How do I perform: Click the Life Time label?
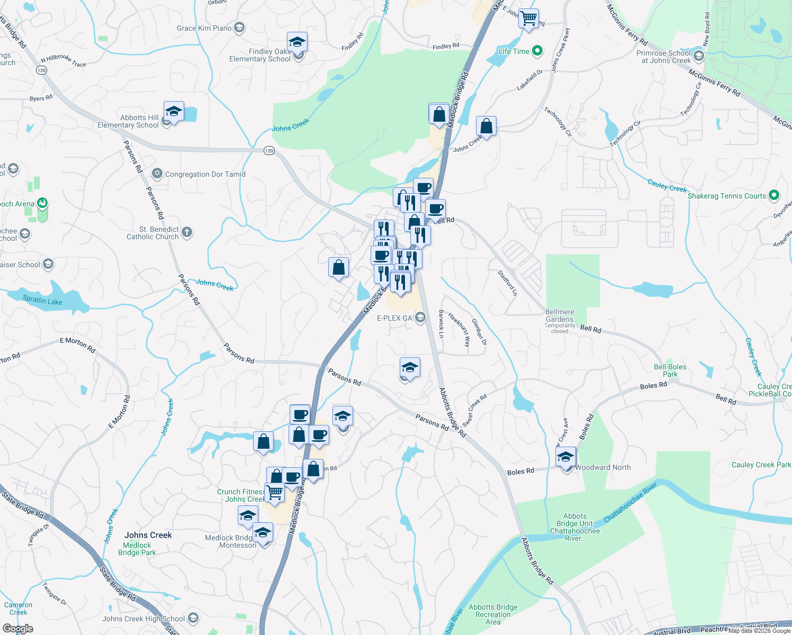coord(514,51)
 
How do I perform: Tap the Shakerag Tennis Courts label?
coord(726,196)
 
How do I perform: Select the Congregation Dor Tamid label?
coord(205,174)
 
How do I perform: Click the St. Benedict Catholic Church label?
coord(153,233)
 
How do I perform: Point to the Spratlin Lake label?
coord(42,301)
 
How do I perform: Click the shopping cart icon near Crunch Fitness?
coord(275,492)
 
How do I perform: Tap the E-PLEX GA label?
coord(394,318)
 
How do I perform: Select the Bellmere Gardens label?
coord(560,315)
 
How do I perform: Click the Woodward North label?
coord(602,467)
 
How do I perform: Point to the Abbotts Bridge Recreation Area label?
coord(493,614)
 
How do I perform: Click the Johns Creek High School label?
coord(143,619)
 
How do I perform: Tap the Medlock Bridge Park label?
coord(137,549)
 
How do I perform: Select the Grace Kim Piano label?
coord(204,28)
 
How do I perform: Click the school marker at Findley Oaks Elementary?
coord(298,42)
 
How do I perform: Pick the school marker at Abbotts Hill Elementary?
coord(174,112)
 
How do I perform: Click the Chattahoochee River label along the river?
coord(630,502)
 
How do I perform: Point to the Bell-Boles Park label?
coord(670,370)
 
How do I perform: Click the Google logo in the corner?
coord(18,629)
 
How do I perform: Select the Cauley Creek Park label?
coord(761,465)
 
